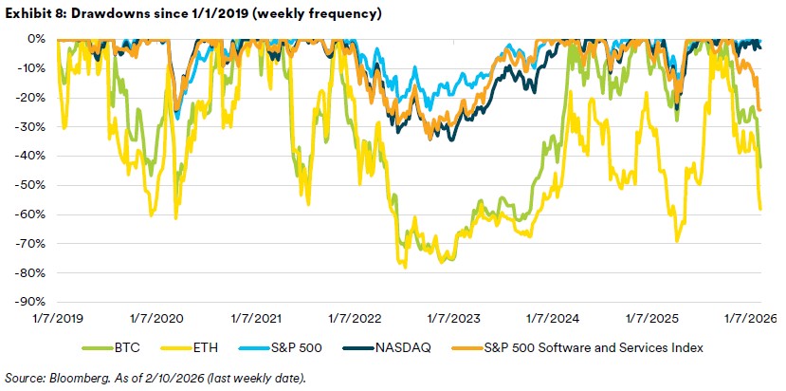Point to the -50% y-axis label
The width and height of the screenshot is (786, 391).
(x=27, y=185)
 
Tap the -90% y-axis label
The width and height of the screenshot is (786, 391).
(x=27, y=303)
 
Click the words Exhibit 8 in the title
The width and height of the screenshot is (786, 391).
(x=30, y=13)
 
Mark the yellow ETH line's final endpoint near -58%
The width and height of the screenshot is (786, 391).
(x=762, y=209)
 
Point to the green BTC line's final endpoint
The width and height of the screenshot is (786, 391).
(x=762, y=166)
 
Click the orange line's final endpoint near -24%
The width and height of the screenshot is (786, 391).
(x=762, y=110)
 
